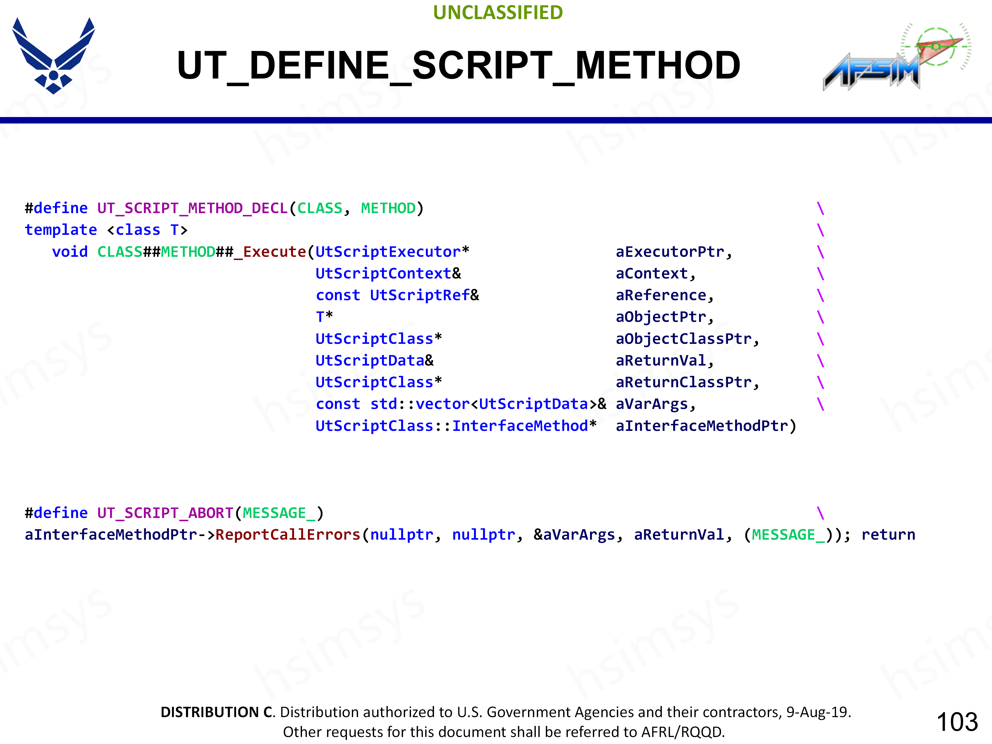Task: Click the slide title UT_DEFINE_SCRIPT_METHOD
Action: (x=458, y=65)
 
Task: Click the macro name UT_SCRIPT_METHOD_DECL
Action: (x=192, y=208)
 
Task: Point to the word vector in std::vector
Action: (x=442, y=404)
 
